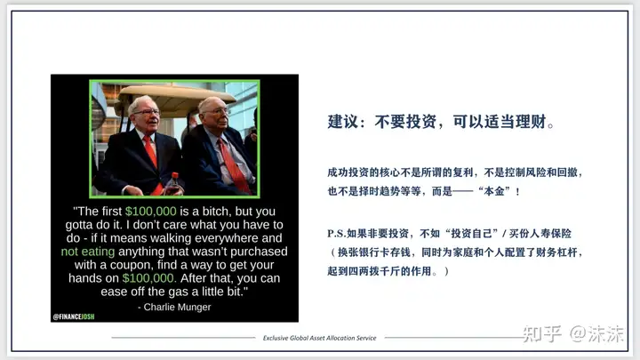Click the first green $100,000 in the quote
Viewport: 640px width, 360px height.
pyautogui.click(x=150, y=211)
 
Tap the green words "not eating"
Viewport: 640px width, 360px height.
pyautogui.click(x=88, y=252)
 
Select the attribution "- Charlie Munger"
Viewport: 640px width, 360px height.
pyautogui.click(x=174, y=307)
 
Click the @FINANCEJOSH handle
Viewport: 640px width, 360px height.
pyautogui.click(x=74, y=316)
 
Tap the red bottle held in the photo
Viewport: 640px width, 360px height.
pyautogui.click(x=174, y=185)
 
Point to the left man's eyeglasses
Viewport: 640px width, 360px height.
pyautogui.click(x=146, y=112)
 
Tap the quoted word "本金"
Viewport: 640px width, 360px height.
pyautogui.click(x=494, y=191)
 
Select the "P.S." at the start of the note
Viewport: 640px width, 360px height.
pyautogui.click(x=336, y=234)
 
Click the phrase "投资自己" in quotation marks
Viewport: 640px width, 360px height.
pyautogui.click(x=471, y=234)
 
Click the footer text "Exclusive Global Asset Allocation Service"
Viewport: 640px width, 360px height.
pyautogui.click(x=320, y=338)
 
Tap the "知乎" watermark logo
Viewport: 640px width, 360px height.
pyautogui.click(x=542, y=334)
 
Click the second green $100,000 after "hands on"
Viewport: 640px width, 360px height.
pyautogui.click(x=148, y=278)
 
